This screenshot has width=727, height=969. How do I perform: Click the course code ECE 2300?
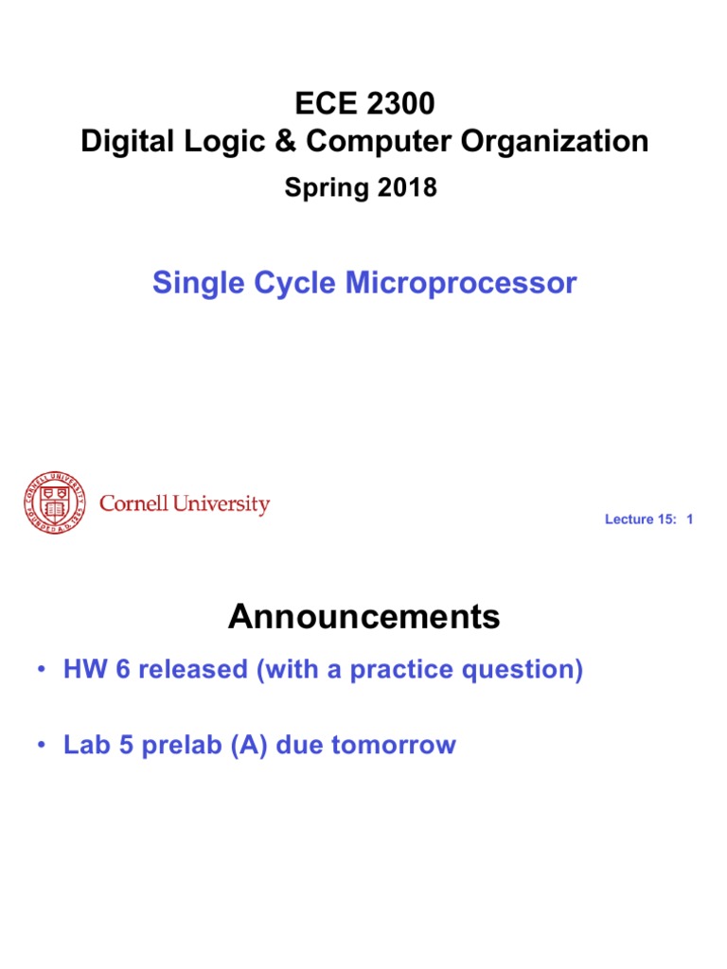click(x=363, y=102)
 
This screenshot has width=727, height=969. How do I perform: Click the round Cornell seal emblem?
click(x=55, y=501)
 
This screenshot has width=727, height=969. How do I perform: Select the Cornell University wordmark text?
click(x=185, y=504)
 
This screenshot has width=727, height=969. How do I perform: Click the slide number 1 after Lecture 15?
click(x=690, y=520)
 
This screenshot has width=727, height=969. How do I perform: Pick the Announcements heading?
click(x=363, y=618)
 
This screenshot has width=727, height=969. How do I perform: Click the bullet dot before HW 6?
click(x=43, y=671)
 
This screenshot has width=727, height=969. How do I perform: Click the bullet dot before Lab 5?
click(x=43, y=746)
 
